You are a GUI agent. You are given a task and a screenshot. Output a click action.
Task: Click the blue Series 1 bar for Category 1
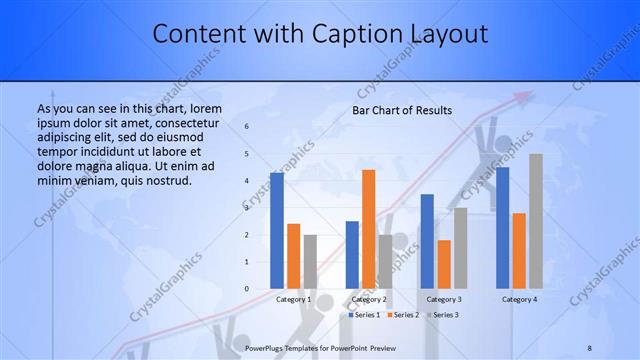(x=277, y=231)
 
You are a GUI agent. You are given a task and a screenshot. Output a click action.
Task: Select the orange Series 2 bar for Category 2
(x=368, y=229)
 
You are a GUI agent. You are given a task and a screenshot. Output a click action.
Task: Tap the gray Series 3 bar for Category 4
(x=536, y=221)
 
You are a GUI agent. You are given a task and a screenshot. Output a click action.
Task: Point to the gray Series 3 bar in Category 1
(x=311, y=262)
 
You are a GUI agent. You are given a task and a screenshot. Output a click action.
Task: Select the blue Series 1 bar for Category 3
(x=427, y=241)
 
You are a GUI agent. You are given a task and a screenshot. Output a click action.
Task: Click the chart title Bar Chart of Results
(x=402, y=110)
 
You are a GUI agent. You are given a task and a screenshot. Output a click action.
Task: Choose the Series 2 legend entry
(x=403, y=315)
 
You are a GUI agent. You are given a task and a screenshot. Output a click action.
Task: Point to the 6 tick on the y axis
(x=247, y=127)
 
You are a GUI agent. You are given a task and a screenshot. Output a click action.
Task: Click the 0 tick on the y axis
(x=247, y=289)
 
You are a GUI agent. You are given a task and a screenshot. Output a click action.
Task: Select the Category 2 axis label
(x=368, y=299)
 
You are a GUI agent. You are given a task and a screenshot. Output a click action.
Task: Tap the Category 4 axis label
(x=519, y=299)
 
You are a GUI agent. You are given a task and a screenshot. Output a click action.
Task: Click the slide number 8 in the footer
(x=589, y=347)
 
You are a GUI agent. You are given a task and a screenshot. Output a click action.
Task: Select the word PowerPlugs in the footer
(x=266, y=347)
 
